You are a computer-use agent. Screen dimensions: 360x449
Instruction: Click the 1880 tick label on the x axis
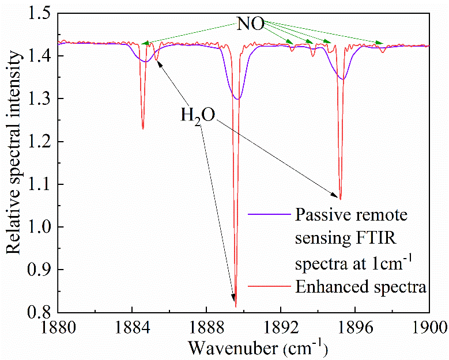[x=58, y=329]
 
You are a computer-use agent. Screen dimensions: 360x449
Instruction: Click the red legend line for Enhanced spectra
[x=268, y=287]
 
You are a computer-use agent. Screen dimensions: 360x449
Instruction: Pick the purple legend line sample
[x=268, y=214]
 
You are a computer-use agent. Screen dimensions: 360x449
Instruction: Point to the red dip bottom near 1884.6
[x=142, y=128]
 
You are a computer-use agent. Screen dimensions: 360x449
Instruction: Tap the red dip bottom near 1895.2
[x=340, y=199]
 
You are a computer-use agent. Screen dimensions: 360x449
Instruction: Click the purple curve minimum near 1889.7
[x=237, y=99]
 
